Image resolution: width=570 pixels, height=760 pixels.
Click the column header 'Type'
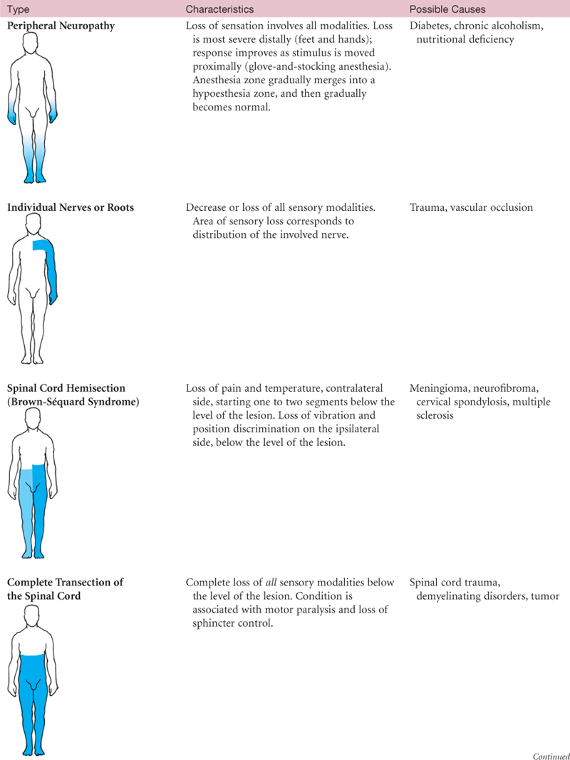tap(19, 9)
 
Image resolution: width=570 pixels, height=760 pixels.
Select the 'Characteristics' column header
tap(219, 9)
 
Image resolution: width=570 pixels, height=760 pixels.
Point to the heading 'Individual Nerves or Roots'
tap(71, 207)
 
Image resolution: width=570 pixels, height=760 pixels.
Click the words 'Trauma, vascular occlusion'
tap(471, 207)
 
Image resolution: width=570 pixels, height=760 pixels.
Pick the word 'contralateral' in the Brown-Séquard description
tap(353, 388)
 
